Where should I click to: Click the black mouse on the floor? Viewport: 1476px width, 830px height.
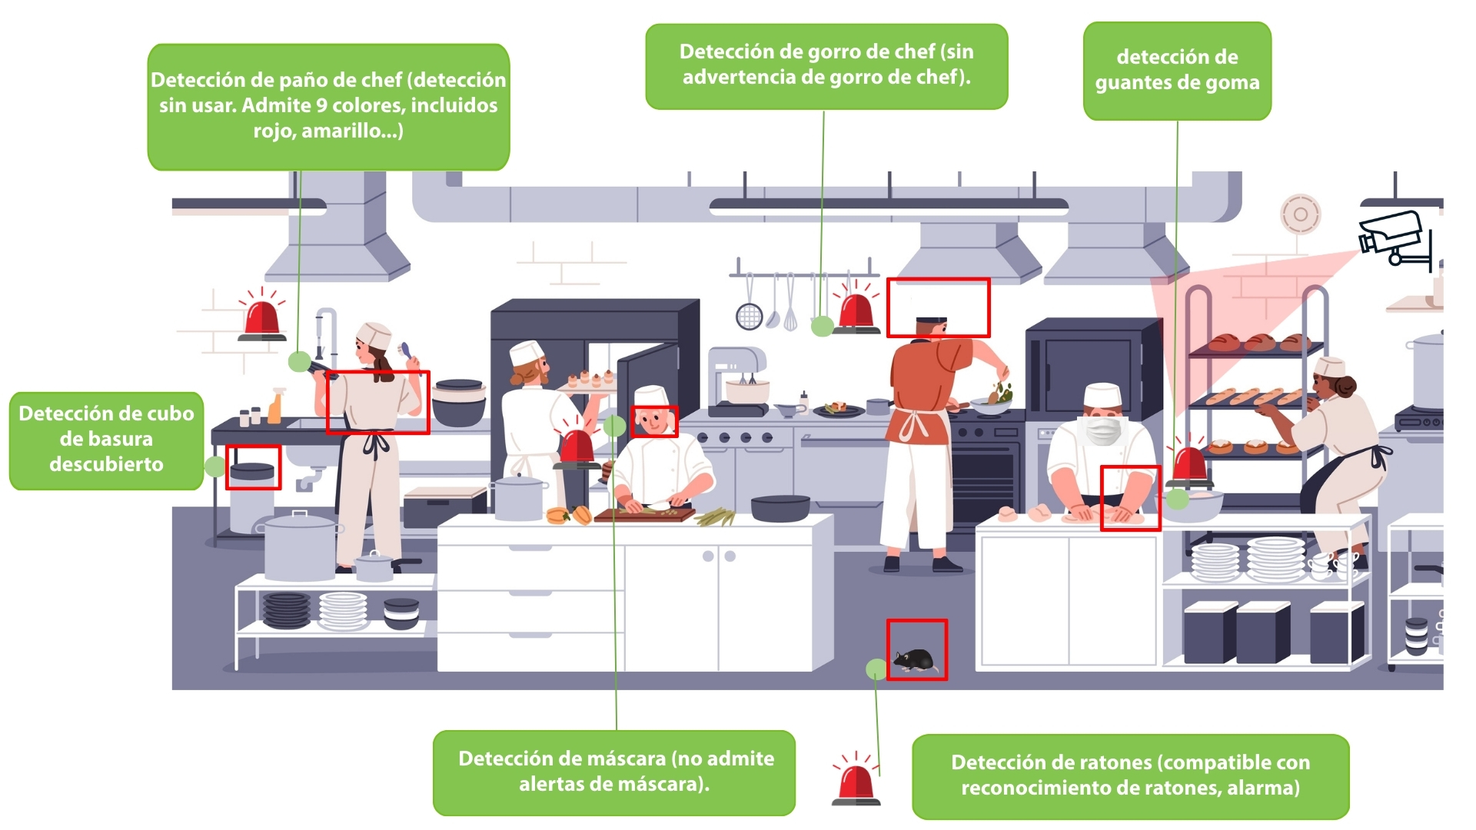point(913,659)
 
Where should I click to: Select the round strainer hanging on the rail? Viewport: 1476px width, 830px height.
point(749,315)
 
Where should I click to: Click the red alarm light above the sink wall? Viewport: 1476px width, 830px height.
point(262,317)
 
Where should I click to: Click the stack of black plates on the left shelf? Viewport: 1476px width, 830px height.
point(286,610)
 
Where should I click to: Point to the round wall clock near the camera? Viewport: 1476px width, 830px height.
point(1300,214)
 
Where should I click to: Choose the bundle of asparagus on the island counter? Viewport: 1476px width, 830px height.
point(715,516)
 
